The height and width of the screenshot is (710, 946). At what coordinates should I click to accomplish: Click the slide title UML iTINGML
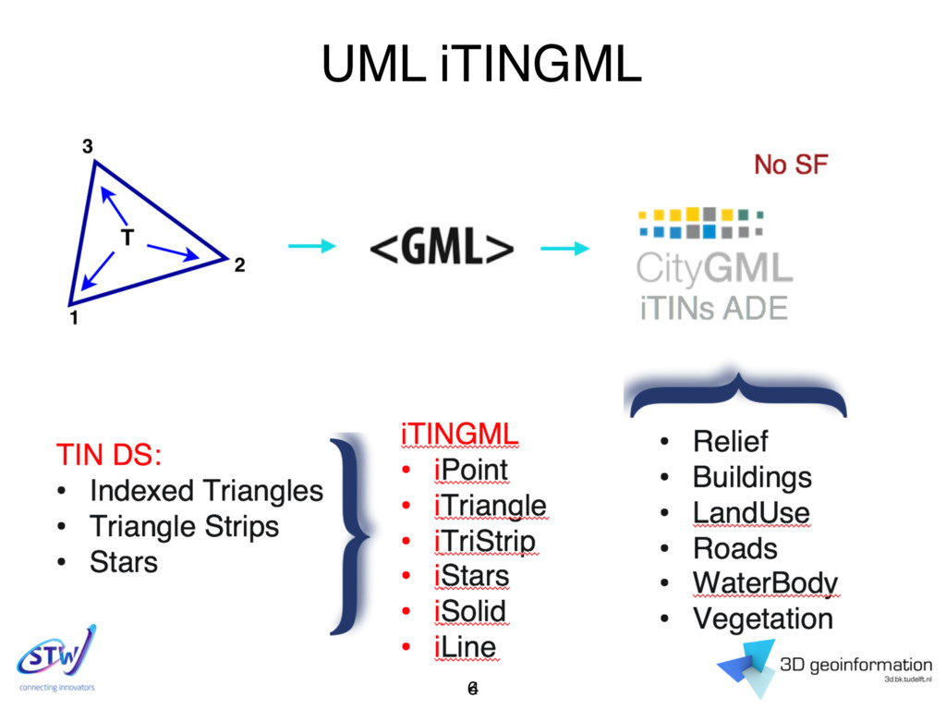[x=480, y=64]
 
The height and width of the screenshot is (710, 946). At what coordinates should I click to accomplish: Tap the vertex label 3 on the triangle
[x=87, y=146]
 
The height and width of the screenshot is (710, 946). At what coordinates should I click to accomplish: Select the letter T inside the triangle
[x=127, y=238]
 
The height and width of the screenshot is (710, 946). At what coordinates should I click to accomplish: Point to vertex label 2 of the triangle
[x=239, y=266]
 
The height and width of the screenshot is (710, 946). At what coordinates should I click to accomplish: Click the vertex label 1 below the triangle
[x=73, y=320]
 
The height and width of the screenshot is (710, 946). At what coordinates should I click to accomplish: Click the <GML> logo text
[x=442, y=248]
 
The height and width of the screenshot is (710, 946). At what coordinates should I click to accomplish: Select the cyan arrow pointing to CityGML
[x=564, y=247]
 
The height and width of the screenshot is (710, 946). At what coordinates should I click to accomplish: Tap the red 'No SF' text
[x=791, y=165]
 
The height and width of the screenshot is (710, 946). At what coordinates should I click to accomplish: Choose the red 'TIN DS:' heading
[x=109, y=455]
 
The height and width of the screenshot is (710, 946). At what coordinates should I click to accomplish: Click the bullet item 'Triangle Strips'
[x=184, y=526]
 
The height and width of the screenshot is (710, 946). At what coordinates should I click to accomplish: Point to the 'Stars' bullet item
[x=124, y=561]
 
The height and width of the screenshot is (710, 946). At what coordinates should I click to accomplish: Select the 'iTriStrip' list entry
[x=484, y=541]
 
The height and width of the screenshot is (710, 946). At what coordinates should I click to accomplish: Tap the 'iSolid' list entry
[x=469, y=611]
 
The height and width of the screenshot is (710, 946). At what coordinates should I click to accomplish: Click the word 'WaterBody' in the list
[x=765, y=583]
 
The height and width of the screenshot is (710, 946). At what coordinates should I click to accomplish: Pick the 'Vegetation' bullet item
[x=763, y=618]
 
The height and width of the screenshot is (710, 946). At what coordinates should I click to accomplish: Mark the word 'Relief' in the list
[x=730, y=441]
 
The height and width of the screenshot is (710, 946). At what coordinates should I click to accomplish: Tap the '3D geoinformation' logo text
[x=855, y=664]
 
